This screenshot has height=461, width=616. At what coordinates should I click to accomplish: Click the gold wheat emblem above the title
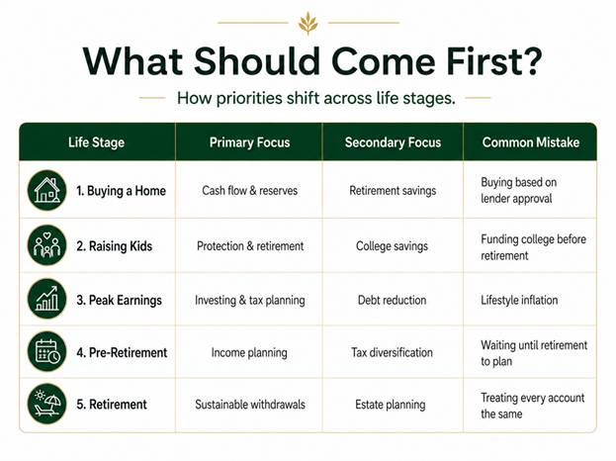(308, 23)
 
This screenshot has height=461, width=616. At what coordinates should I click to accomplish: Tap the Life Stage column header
(96, 142)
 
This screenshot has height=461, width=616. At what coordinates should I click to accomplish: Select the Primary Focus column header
(249, 142)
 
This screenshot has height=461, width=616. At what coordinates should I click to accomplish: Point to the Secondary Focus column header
(393, 142)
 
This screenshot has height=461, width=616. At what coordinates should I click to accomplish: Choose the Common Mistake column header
(531, 142)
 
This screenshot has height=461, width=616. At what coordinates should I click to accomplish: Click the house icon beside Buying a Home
(47, 190)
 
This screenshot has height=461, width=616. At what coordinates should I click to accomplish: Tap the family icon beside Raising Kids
(47, 245)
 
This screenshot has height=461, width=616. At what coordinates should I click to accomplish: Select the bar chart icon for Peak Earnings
(47, 299)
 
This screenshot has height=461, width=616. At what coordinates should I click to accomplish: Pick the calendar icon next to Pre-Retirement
(47, 351)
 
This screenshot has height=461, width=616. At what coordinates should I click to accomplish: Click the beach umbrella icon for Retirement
(47, 404)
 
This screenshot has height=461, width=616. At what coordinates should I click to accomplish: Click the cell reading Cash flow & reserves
(249, 191)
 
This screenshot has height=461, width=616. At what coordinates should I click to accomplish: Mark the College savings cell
(392, 246)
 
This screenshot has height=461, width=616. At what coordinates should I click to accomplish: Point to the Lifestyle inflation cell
(519, 301)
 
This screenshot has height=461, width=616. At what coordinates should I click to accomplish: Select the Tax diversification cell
(392, 352)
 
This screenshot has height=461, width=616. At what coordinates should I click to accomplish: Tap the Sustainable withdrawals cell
(250, 405)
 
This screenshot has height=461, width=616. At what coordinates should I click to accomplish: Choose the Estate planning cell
(391, 405)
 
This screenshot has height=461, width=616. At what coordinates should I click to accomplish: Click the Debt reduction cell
(392, 301)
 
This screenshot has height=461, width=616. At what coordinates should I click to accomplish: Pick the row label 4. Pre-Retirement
(122, 352)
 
